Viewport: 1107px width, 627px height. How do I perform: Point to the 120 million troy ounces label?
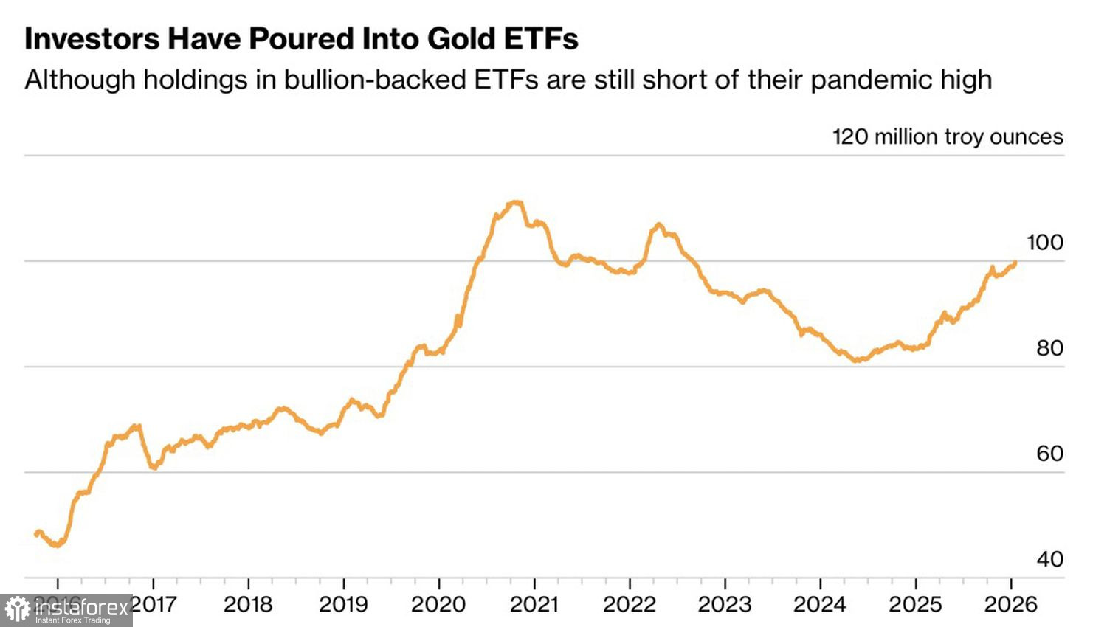coord(948,136)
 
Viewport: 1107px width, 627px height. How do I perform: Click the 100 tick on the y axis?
coord(1045,243)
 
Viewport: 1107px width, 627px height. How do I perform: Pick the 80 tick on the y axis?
coord(1049,348)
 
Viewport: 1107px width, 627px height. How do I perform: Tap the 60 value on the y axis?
coord(1049,454)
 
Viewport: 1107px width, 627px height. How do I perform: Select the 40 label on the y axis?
coord(1049,559)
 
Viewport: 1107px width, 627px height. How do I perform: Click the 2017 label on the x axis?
coord(154,605)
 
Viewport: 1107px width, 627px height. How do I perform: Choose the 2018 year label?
coord(249,605)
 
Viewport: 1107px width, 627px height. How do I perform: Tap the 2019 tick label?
coord(344,605)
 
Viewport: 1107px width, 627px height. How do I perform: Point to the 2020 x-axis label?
coord(438,605)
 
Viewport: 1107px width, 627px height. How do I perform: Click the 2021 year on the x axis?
coord(534,605)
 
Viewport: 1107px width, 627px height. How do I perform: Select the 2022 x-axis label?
coord(630,605)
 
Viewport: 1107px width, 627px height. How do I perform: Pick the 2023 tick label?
coord(725,605)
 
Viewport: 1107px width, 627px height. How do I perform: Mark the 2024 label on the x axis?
coord(820,605)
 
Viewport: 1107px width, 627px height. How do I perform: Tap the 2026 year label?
coord(1011,605)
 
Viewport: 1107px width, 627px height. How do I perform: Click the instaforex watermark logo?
coord(66,610)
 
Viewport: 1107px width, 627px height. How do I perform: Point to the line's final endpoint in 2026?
coord(1015,262)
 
